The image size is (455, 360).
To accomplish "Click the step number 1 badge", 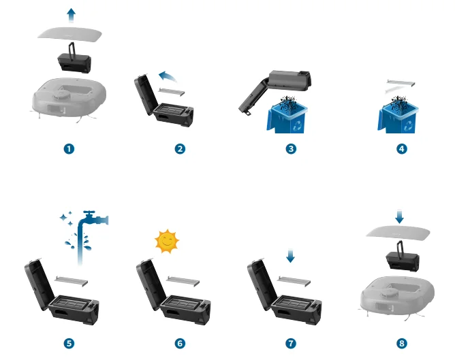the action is [69, 149].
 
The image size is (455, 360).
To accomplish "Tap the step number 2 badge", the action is [180, 149].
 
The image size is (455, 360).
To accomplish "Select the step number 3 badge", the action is [291, 149].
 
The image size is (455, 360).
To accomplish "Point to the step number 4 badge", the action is [402, 149].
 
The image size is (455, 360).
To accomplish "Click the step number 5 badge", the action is [69, 344].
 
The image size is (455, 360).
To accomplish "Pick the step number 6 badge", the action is [180, 344].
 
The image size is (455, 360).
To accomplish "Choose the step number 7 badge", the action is [291, 344].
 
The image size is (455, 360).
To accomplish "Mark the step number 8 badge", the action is [402, 344].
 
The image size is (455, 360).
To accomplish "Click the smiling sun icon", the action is [167, 241].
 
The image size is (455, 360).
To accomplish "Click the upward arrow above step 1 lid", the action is [71, 15].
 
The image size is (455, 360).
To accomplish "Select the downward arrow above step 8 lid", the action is [400, 216].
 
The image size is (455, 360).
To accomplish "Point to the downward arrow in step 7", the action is [290, 255].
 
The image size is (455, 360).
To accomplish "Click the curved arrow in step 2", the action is [168, 76].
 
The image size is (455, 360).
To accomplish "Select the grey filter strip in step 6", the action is [183, 281].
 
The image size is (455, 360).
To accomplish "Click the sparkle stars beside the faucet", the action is [67, 218].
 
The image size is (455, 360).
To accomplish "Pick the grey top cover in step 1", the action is [69, 33].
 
